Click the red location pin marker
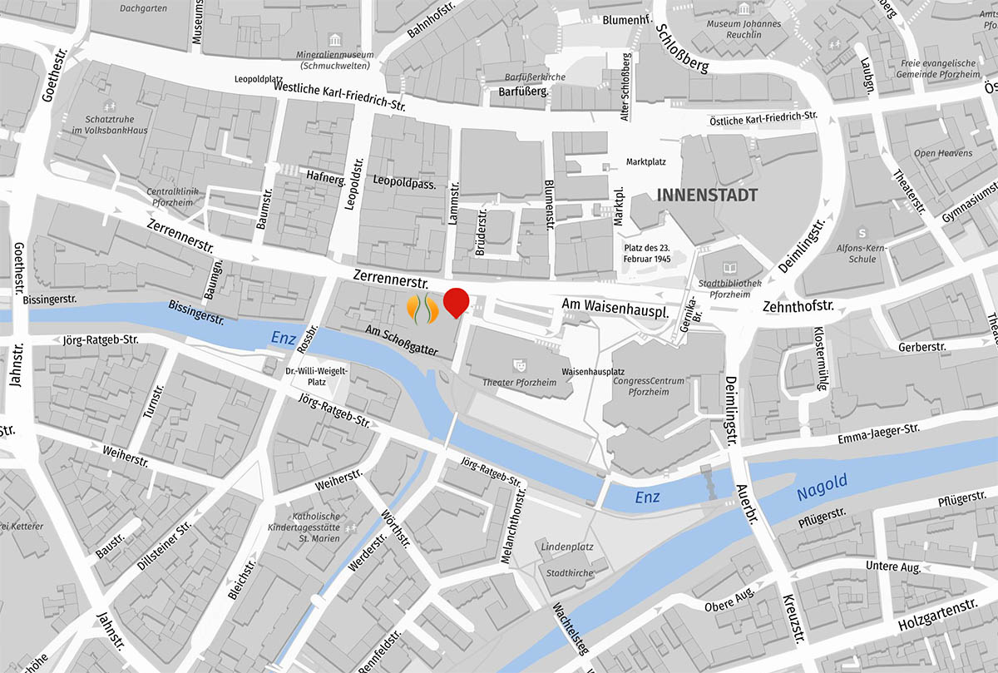tap(455, 302)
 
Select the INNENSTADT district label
tap(707, 195)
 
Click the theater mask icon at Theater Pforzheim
tap(521, 364)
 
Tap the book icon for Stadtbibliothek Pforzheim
tap(730, 268)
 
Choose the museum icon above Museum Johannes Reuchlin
tap(743, 10)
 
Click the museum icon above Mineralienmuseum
tap(334, 41)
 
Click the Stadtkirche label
tap(569, 573)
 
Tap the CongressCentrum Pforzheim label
tap(648, 386)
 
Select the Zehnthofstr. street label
tap(798, 307)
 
